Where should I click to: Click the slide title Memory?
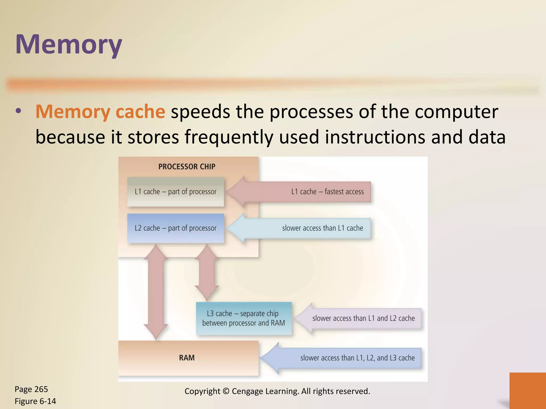coord(69,44)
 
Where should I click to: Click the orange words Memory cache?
coord(100,112)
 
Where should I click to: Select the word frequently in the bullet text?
coord(229,137)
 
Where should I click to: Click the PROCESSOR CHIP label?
coord(187,167)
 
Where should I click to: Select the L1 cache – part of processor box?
coord(175,192)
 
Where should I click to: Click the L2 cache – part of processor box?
coord(175,228)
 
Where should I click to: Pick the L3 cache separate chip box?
coord(244,318)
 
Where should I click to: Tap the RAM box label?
coord(187,358)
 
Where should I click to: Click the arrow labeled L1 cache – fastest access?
coord(307,192)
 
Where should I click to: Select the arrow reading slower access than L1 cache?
coord(307,228)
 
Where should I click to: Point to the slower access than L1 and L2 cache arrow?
coord(363,318)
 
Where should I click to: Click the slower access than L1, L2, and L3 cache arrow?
coord(347,358)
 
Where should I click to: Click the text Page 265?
coord(31,389)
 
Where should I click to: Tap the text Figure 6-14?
coord(35,401)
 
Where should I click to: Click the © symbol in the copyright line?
coord(226,391)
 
